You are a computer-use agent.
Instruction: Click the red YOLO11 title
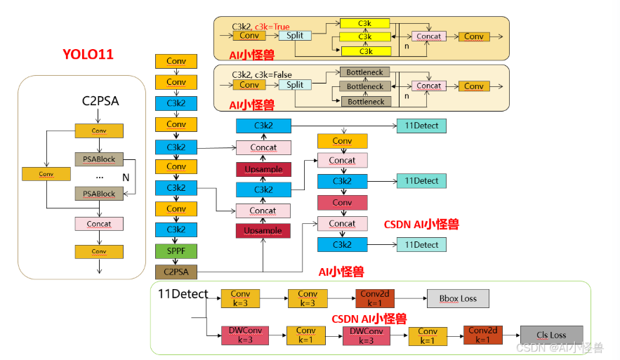click(x=88, y=54)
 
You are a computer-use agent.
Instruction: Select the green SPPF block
click(x=176, y=251)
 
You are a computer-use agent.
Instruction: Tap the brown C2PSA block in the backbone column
click(x=176, y=272)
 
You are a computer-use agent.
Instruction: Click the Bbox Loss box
click(x=458, y=299)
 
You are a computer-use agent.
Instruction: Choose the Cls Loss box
click(x=552, y=335)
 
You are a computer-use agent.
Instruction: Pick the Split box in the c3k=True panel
click(x=295, y=36)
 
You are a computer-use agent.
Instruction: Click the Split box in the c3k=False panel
click(x=295, y=85)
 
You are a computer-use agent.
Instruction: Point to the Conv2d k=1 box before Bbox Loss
click(x=375, y=298)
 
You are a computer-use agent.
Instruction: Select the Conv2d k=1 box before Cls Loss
click(x=483, y=335)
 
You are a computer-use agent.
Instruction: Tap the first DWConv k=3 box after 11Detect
click(x=245, y=335)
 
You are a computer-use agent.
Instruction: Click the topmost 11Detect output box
click(x=421, y=126)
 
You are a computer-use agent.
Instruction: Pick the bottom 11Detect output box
click(x=421, y=245)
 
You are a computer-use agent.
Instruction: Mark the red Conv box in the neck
click(x=343, y=203)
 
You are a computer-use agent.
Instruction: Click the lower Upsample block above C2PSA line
click(x=263, y=231)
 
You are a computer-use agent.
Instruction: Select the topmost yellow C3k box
click(x=364, y=23)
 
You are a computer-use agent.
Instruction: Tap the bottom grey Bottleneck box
click(x=366, y=102)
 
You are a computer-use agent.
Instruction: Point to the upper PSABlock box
click(x=99, y=159)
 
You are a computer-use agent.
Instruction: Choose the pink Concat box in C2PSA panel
click(x=99, y=224)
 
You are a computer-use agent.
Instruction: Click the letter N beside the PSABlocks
click(x=126, y=178)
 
